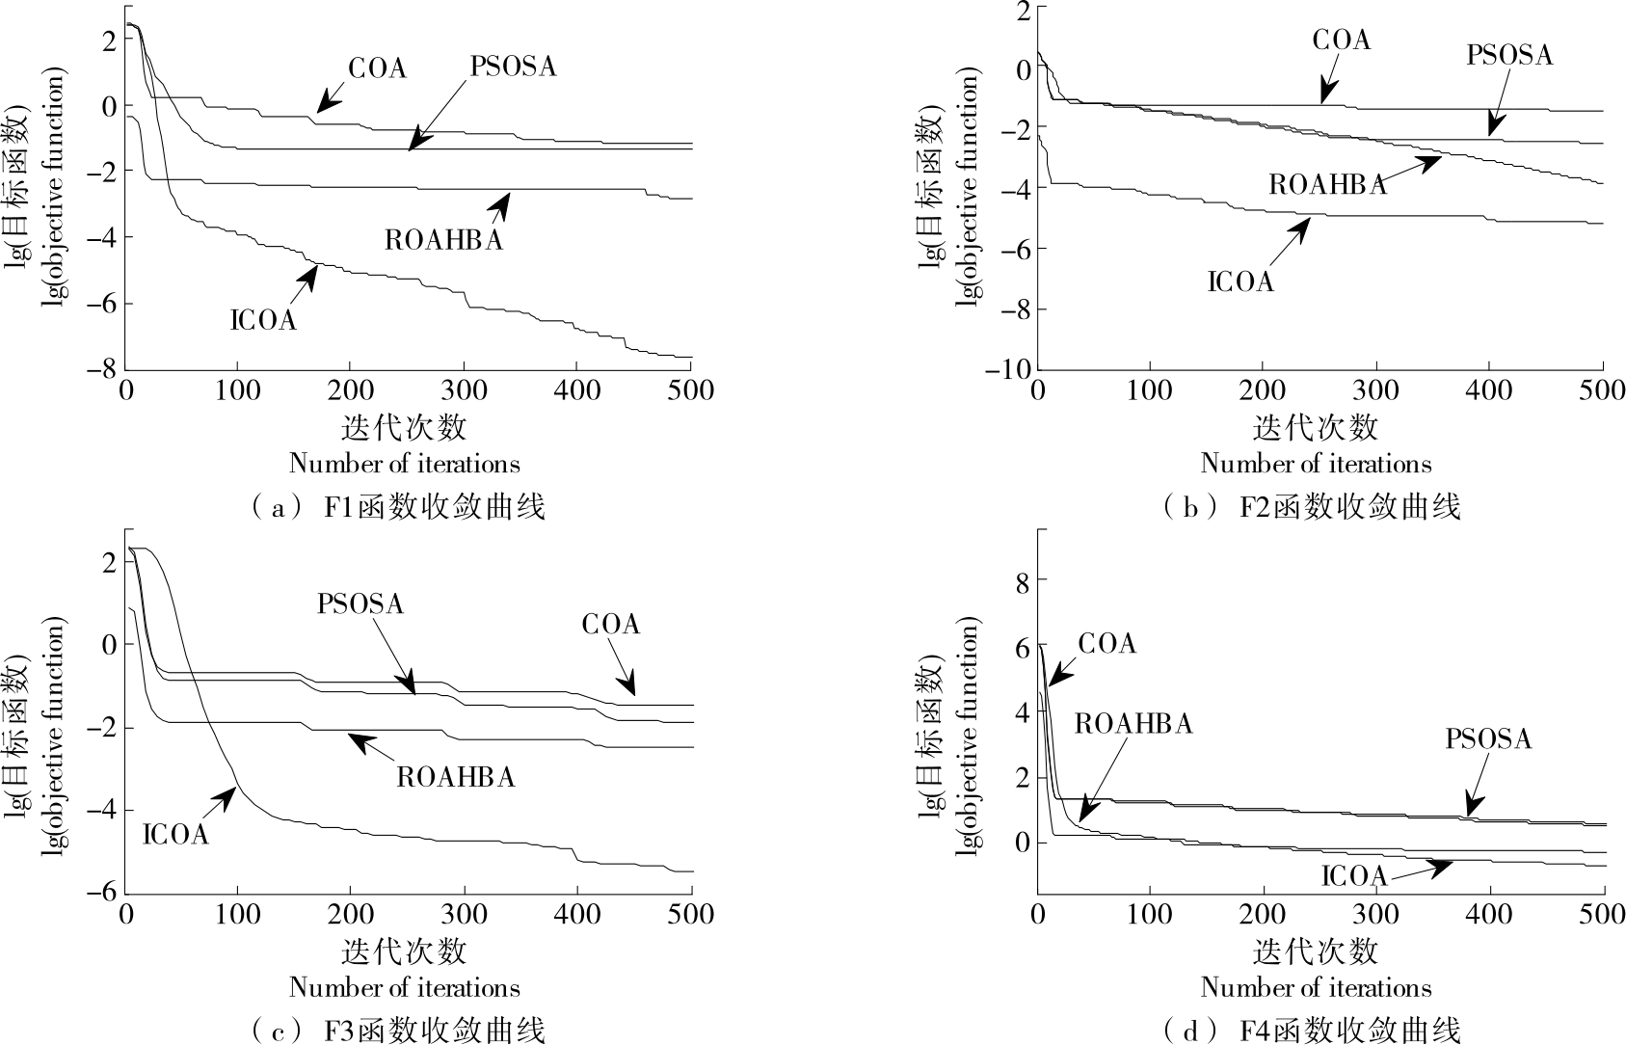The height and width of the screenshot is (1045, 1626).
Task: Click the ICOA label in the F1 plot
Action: point(263,320)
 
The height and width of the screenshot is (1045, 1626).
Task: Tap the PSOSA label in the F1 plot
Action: point(513,67)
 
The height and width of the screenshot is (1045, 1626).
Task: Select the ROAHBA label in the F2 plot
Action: point(1327,185)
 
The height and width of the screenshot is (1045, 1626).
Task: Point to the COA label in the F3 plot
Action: point(610,625)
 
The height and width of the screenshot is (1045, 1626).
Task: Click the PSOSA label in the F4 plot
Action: point(1488,739)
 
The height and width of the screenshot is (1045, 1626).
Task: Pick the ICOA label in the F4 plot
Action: point(1353,875)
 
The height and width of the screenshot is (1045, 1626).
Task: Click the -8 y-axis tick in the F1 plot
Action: point(105,369)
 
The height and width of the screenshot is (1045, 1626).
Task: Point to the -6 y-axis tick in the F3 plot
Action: point(105,893)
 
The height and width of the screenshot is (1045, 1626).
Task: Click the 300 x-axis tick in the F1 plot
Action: point(465,390)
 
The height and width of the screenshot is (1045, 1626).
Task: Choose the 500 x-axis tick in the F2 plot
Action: point(1602,390)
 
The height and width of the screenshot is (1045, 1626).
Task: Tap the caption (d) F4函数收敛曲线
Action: point(1312,1031)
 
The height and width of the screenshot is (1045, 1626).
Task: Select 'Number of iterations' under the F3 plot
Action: point(404,988)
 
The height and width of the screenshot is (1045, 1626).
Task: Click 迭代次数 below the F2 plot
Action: point(1316,426)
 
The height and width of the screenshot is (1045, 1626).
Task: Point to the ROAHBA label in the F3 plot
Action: point(455,777)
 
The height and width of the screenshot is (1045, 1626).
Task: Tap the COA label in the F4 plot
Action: point(1106,644)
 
